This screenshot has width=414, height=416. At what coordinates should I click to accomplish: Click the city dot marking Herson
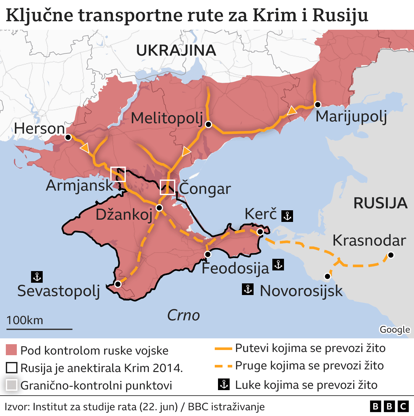click(x=68, y=137)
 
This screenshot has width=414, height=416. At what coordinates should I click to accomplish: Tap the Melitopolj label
click(x=167, y=118)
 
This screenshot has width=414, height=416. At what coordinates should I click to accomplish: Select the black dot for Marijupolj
click(x=318, y=104)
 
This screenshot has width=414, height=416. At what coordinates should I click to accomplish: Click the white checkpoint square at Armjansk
click(x=118, y=174)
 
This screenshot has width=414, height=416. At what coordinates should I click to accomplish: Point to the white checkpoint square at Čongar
click(x=168, y=187)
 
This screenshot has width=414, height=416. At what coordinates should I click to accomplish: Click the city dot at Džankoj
click(x=159, y=208)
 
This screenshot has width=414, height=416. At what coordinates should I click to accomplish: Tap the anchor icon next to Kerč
click(x=287, y=216)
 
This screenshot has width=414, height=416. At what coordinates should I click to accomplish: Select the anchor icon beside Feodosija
click(x=278, y=265)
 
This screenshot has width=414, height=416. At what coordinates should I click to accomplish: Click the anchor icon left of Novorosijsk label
click(x=248, y=289)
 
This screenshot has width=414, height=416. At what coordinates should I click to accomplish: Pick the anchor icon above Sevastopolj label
click(x=37, y=277)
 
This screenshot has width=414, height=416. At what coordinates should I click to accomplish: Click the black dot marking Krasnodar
click(x=391, y=255)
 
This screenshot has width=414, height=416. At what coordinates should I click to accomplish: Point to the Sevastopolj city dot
click(x=118, y=284)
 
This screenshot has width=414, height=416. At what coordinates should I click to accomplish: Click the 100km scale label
click(x=25, y=320)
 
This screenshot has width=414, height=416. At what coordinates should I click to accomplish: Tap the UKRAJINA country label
click(x=176, y=51)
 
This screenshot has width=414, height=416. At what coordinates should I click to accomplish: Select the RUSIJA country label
click(x=380, y=203)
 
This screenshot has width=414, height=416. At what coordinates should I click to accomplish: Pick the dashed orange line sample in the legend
click(x=223, y=366)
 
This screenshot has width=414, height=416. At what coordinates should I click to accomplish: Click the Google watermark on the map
click(x=395, y=330)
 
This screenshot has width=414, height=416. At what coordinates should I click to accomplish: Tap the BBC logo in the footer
click(x=389, y=406)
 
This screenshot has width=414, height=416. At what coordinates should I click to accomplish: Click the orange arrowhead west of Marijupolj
click(x=291, y=111)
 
